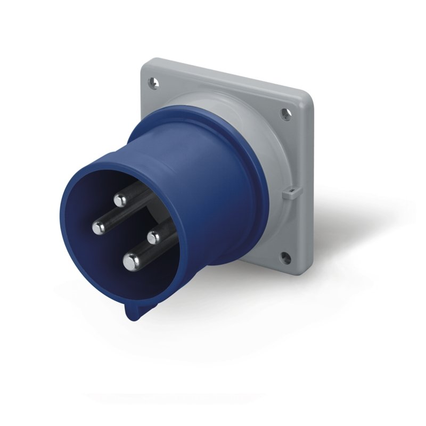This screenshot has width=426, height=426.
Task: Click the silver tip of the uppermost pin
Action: click(120, 200)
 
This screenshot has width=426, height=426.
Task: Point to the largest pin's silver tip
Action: click(131, 261)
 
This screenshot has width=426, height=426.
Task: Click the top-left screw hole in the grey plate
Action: click(154, 83)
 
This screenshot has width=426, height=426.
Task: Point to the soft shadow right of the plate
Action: click(346, 224)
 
